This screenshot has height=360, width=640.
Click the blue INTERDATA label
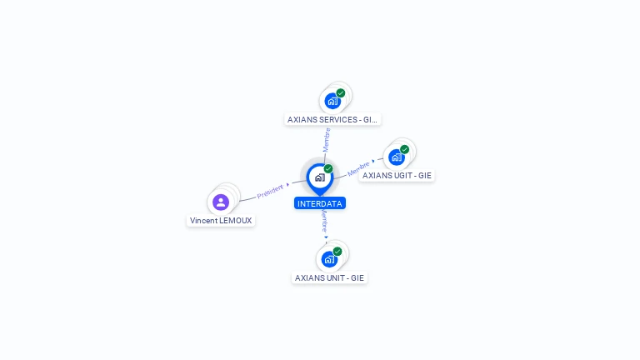click(319, 203)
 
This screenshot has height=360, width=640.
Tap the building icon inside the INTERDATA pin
click(319, 177)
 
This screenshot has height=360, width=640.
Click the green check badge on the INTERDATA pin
click(328, 168)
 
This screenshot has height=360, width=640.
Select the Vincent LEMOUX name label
click(221, 221)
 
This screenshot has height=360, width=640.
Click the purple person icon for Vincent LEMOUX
click(221, 202)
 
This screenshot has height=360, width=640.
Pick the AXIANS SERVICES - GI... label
click(332, 119)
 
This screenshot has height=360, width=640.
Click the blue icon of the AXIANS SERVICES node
click(332, 102)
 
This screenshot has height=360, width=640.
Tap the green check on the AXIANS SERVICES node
click(341, 93)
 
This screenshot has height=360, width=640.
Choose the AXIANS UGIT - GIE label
click(397, 176)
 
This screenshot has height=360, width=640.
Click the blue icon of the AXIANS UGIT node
click(397, 157)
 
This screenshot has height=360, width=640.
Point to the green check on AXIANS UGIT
click(405, 149)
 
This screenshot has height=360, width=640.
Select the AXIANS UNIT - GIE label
click(329, 277)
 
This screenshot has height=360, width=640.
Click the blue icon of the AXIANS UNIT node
click(329, 259)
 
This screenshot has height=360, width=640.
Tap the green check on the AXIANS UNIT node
click(337, 251)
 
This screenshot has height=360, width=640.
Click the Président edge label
click(270, 192)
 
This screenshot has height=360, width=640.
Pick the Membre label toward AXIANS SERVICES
click(327, 139)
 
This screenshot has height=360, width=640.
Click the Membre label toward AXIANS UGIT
click(358, 167)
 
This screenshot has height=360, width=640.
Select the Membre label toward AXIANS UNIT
click(324, 221)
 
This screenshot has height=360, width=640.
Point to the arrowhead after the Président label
click(287, 185)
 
